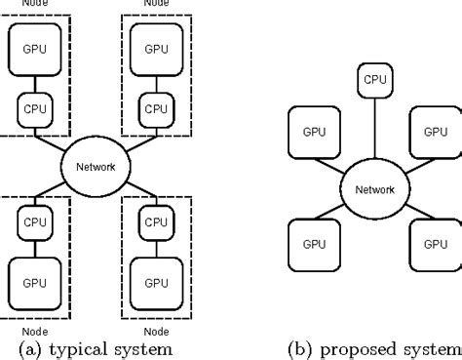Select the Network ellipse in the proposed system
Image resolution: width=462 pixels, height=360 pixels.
point(374,189)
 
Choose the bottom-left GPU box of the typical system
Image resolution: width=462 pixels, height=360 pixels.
point(33,283)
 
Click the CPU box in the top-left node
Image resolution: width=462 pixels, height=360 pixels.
point(33,108)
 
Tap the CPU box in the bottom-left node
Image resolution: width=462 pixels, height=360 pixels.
point(33,221)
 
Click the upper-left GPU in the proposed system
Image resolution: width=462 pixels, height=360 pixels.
point(314,132)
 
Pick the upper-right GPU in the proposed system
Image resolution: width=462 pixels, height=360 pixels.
point(435,132)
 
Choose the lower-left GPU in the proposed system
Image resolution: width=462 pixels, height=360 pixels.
point(314,244)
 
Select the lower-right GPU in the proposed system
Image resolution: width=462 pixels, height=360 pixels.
point(435,244)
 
